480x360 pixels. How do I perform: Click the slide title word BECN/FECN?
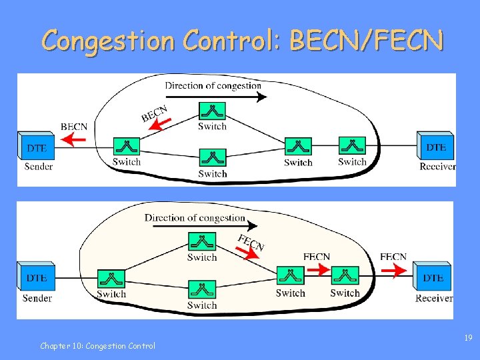[x=366, y=41]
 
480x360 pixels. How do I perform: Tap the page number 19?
[x=469, y=339]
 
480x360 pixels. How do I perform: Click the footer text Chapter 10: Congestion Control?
[x=97, y=345]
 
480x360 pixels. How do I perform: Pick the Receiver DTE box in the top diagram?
[x=436, y=146]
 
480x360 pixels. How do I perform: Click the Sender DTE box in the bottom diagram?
[x=36, y=277]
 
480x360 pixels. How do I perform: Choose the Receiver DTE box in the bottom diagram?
[x=433, y=276]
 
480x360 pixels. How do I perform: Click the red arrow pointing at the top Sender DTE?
[x=75, y=139]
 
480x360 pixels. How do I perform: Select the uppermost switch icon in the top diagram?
[x=213, y=111]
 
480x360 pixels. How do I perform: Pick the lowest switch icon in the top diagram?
[x=213, y=158]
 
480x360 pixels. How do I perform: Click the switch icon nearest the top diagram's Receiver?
[x=352, y=145]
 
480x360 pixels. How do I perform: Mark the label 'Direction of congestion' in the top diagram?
[x=213, y=85]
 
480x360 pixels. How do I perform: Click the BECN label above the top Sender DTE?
[x=74, y=126]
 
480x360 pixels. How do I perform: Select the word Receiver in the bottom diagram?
[x=434, y=298]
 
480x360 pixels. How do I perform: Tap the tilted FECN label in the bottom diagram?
[x=251, y=243]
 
